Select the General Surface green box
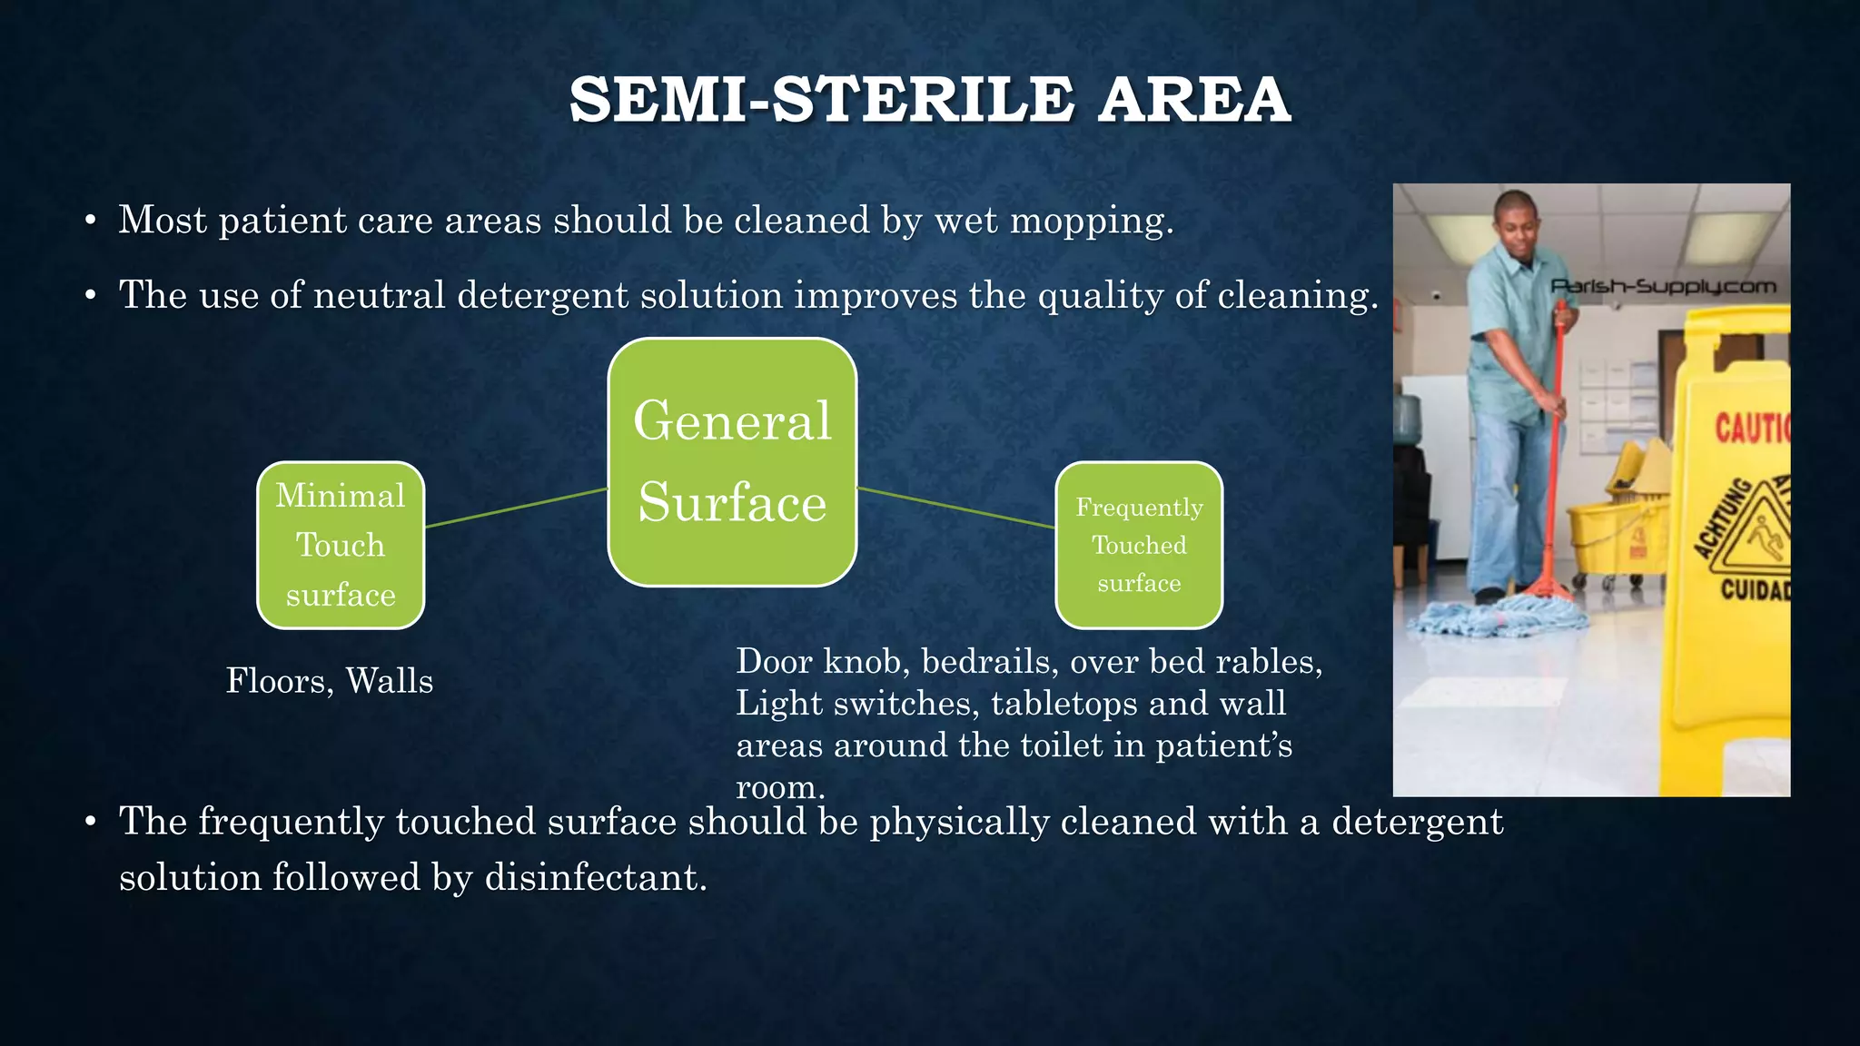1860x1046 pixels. (x=732, y=462)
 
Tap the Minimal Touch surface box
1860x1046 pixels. (x=341, y=545)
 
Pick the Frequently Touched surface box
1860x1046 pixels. (x=1139, y=545)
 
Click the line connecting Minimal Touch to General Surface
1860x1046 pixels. (x=516, y=508)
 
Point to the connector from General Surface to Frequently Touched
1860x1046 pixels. (x=955, y=508)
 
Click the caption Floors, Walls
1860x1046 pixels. (x=329, y=681)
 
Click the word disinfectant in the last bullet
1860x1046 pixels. (x=595, y=878)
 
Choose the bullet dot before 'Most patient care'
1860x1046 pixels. (x=90, y=222)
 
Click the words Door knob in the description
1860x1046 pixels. (x=818, y=662)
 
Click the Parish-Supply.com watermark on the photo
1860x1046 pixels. (x=1662, y=287)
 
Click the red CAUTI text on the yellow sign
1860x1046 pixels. (x=1751, y=428)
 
